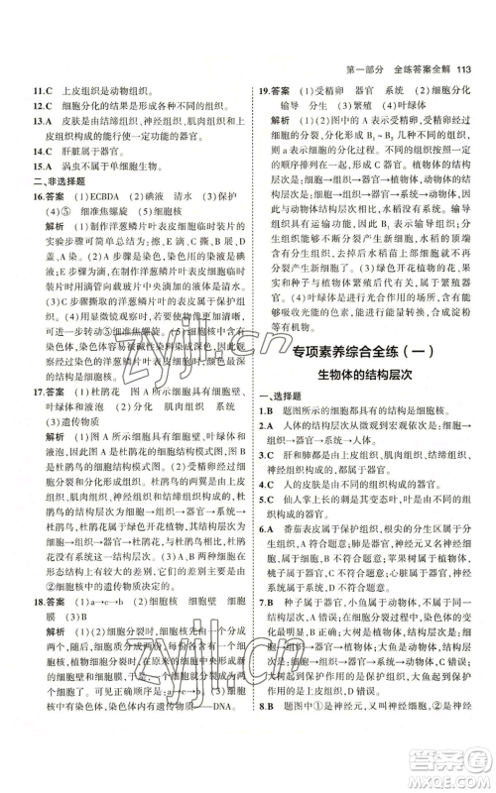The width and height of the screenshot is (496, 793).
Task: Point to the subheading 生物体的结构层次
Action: pos(362,372)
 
